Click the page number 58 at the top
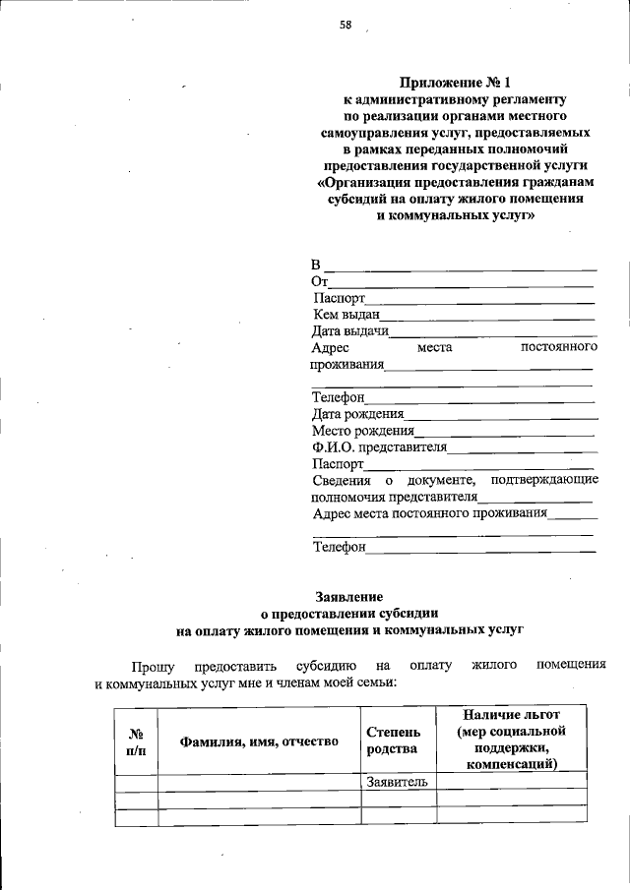(x=346, y=27)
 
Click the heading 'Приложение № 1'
(x=455, y=83)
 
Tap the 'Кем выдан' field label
(x=346, y=315)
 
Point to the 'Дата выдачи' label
(x=350, y=331)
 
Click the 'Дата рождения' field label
(x=358, y=414)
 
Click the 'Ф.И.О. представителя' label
(x=379, y=446)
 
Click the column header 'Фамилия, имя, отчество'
(x=259, y=742)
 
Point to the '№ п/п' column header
(x=136, y=741)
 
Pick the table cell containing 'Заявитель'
(x=397, y=782)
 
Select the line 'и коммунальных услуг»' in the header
(x=456, y=214)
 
